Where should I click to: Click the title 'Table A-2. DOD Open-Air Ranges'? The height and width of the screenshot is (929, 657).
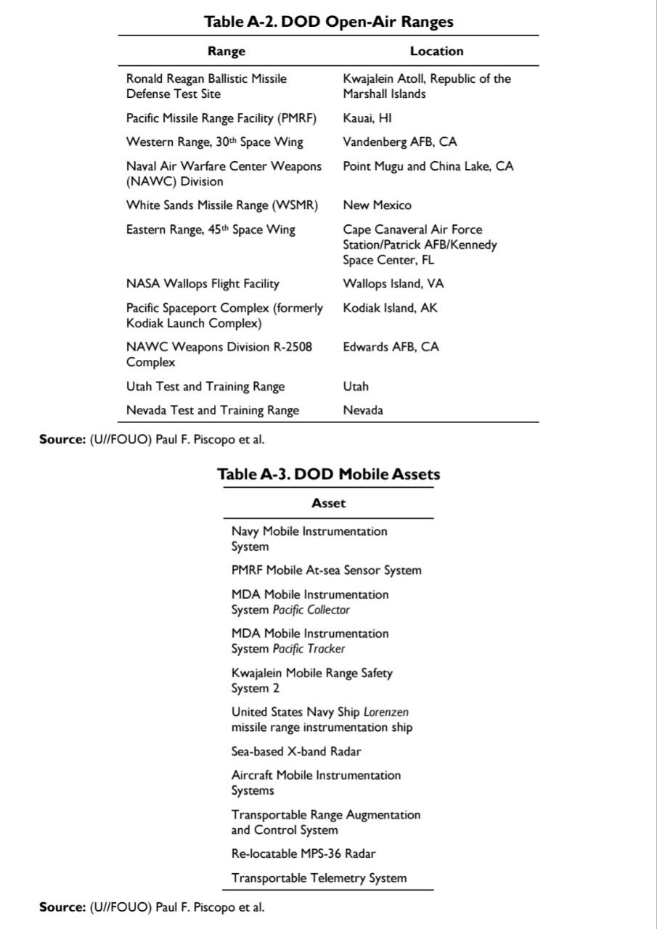[329, 22]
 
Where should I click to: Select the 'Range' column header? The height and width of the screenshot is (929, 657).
[227, 51]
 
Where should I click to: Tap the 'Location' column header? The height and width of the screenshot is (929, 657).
[436, 51]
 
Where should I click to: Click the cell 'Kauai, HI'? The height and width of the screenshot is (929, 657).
[367, 118]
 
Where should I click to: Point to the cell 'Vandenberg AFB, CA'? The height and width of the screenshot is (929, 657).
[400, 142]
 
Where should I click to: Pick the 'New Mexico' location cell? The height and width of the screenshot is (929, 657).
[377, 205]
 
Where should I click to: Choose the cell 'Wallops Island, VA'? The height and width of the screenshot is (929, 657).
[393, 284]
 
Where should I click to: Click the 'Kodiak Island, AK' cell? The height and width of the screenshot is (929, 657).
[391, 308]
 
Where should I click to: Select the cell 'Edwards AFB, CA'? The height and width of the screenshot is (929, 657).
[391, 346]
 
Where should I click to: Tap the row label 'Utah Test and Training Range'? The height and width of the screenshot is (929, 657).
[205, 386]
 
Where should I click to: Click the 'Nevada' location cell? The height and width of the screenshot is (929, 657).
[363, 410]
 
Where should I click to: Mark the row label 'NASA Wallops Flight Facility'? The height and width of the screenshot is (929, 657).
[203, 284]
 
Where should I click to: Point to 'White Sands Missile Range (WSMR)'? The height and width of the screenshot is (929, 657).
[222, 205]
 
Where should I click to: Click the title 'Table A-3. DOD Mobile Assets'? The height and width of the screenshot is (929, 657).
[329, 474]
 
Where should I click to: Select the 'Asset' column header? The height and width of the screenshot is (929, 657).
[329, 503]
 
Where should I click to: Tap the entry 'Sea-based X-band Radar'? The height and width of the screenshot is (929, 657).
[296, 751]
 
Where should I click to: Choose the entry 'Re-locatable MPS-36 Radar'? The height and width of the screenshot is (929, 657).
[303, 854]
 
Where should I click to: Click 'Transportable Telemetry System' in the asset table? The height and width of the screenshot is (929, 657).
[319, 878]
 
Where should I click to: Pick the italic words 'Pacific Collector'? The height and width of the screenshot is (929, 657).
[311, 610]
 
